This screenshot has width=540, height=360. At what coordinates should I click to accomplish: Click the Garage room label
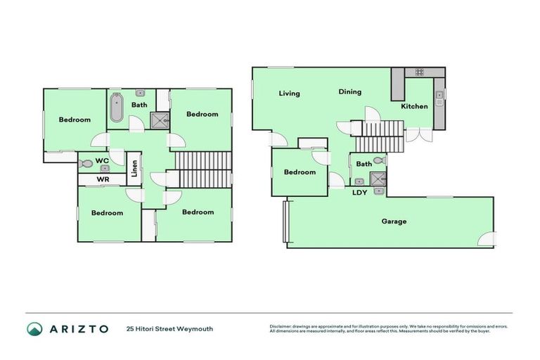394,221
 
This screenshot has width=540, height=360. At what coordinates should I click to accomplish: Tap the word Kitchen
414,106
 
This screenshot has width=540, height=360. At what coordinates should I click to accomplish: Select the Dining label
349,91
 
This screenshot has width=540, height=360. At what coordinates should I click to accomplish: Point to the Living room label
289,94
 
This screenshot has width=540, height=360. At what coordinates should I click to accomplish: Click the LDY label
359,192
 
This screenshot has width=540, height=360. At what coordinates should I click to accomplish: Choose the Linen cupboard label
134,169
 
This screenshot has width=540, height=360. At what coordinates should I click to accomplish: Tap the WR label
103,180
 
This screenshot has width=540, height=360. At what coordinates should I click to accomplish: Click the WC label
102,160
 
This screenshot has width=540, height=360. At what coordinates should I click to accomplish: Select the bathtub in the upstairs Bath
117,110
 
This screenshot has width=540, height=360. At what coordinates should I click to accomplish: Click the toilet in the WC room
86,163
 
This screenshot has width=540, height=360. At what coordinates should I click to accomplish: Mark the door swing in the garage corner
486,239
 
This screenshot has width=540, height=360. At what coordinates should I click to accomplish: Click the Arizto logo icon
34,328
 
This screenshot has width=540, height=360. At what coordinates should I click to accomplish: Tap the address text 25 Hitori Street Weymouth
169,328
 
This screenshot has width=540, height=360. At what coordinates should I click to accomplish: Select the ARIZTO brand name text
78,328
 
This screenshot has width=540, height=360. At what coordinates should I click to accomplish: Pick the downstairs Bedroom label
300,172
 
